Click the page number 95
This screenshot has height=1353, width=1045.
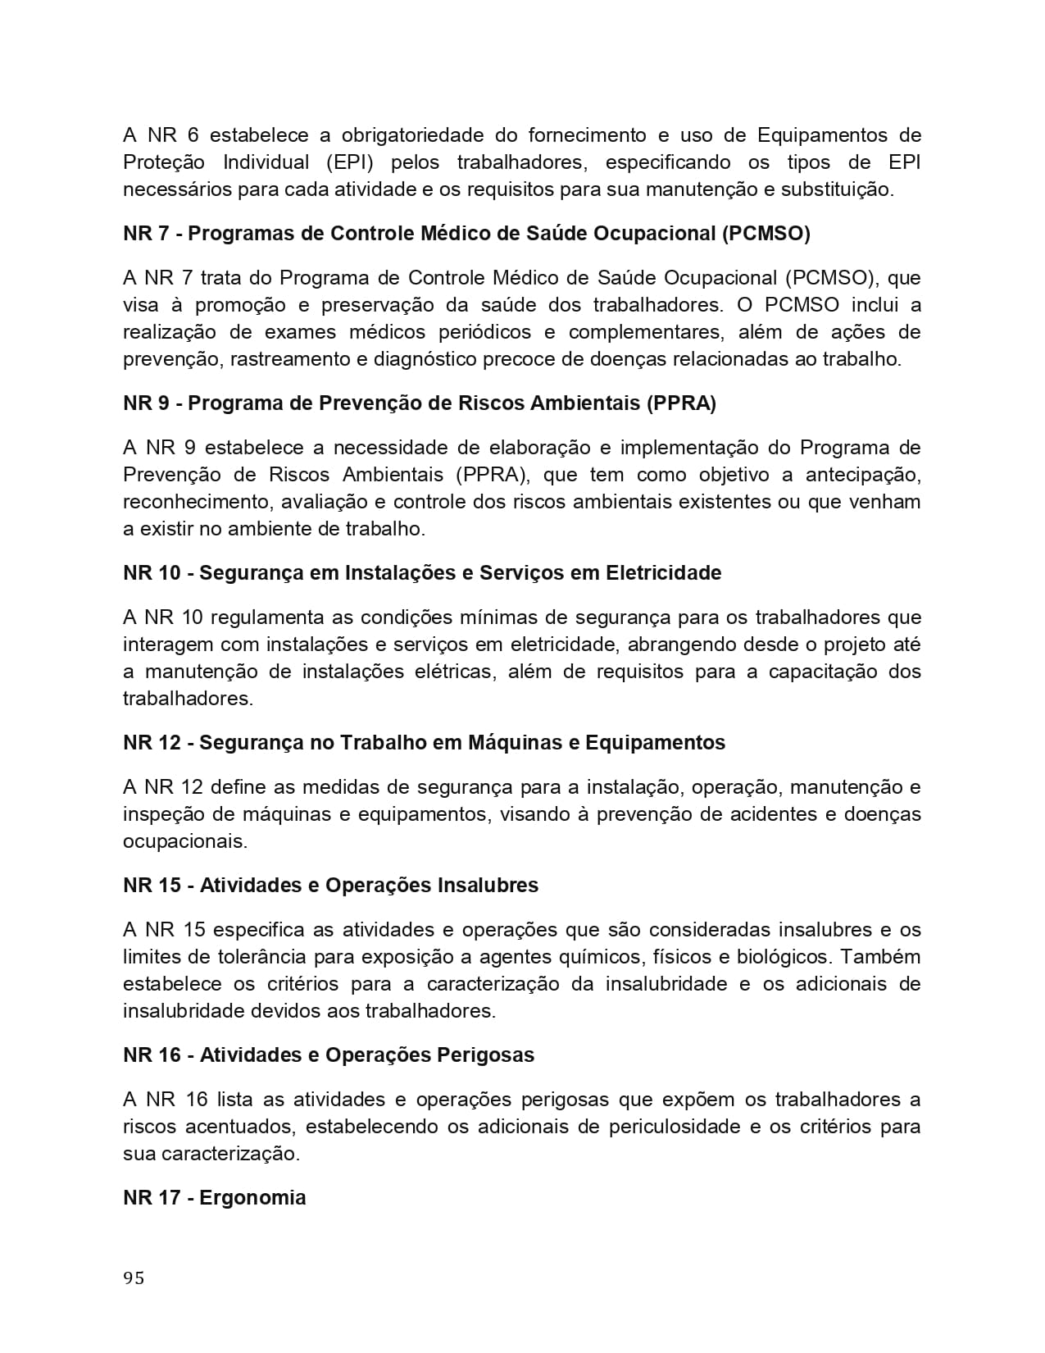click(x=134, y=1278)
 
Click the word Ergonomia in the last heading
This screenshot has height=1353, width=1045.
click(x=252, y=1197)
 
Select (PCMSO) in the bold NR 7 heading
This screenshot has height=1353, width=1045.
click(x=766, y=234)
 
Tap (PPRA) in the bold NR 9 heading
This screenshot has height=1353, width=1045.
click(x=681, y=403)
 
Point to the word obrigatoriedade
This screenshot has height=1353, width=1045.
click(x=412, y=134)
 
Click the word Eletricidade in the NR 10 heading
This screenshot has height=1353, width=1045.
click(x=663, y=572)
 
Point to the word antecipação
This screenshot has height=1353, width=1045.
click(x=863, y=475)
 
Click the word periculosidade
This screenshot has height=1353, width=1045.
click(x=675, y=1127)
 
